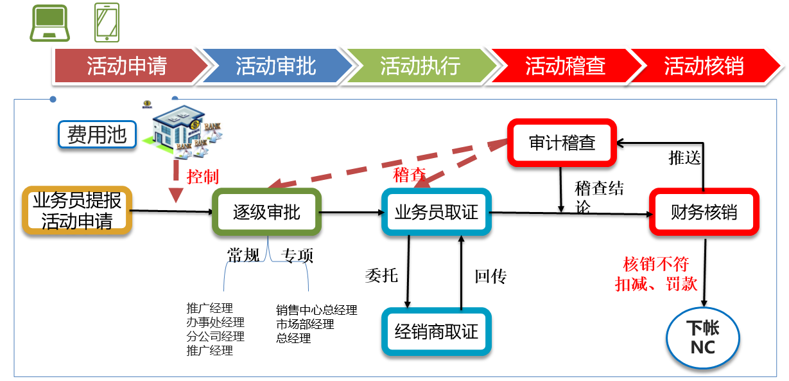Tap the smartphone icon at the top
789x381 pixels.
[106, 22]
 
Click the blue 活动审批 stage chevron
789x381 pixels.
[276, 66]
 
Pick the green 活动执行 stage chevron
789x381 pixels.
[421, 66]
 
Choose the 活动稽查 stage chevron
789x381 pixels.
[565, 66]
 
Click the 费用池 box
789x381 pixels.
[97, 135]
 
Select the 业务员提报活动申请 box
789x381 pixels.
[77, 210]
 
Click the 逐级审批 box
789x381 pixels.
[266, 212]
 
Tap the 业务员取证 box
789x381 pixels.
[437, 212]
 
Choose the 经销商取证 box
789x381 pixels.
[437, 332]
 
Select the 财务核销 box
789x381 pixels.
[704, 212]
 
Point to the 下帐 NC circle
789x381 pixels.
[704, 338]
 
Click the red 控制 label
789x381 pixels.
[202, 177]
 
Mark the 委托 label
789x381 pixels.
[381, 276]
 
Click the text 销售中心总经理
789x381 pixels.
[316, 310]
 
